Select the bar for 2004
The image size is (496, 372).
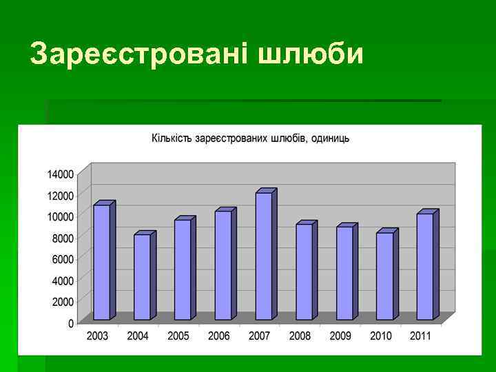(x=142, y=277)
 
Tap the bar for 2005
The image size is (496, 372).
(x=183, y=269)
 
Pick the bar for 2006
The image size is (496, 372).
(x=223, y=265)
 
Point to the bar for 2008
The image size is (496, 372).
(x=304, y=271)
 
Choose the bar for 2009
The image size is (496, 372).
(x=344, y=273)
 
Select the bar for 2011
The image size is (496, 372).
(x=424, y=267)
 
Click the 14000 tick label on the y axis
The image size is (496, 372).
(x=60, y=174)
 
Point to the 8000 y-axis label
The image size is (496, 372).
(x=62, y=238)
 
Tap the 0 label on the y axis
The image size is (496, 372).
(x=71, y=323)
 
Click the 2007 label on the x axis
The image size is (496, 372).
(x=259, y=336)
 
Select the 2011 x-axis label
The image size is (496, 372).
(x=420, y=336)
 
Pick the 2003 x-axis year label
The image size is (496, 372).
(x=98, y=336)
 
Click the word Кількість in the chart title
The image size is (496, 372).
(x=172, y=138)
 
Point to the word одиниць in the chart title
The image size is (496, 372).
(x=330, y=138)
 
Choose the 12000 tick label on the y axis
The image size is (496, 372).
(x=60, y=195)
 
